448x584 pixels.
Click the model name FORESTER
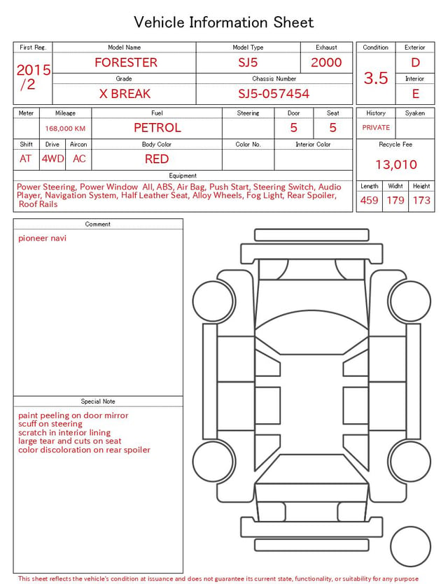(126, 62)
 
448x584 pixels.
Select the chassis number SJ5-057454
(274, 94)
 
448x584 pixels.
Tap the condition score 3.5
(376, 78)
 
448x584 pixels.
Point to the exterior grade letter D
(415, 62)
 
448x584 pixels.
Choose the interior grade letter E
(415, 94)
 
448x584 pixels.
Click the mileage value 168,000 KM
(65, 129)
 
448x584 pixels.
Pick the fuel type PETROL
(157, 128)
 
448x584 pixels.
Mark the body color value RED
(157, 159)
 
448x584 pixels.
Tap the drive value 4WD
(52, 159)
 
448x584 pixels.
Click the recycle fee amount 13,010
(396, 164)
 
